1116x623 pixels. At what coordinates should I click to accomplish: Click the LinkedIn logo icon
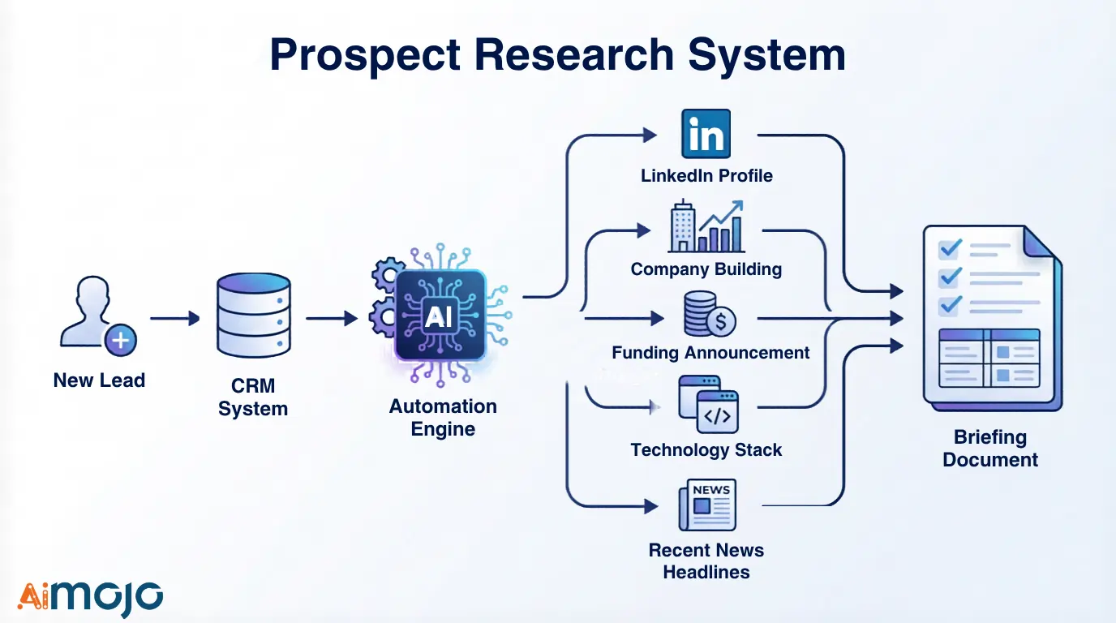[706, 134]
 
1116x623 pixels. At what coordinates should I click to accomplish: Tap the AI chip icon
[440, 316]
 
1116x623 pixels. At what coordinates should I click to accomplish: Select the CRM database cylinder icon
[253, 315]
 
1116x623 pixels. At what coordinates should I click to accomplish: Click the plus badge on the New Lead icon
[121, 340]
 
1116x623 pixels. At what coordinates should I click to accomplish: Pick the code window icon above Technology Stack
[708, 404]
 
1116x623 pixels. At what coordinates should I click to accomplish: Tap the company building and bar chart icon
[706, 226]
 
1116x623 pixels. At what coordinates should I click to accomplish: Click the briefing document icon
[991, 317]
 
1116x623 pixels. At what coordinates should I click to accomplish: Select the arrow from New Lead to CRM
[174, 319]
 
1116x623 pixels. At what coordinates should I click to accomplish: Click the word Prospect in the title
[366, 55]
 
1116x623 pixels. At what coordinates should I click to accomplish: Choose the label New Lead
[99, 380]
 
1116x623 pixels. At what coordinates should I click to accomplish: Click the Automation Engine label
[443, 418]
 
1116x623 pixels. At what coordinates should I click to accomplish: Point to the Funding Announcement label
[710, 353]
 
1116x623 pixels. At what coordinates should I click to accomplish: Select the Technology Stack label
[706, 450]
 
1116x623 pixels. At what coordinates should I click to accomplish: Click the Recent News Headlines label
[706, 561]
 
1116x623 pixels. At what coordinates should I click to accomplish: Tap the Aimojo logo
[90, 598]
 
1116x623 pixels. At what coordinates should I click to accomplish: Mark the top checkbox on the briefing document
[949, 248]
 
